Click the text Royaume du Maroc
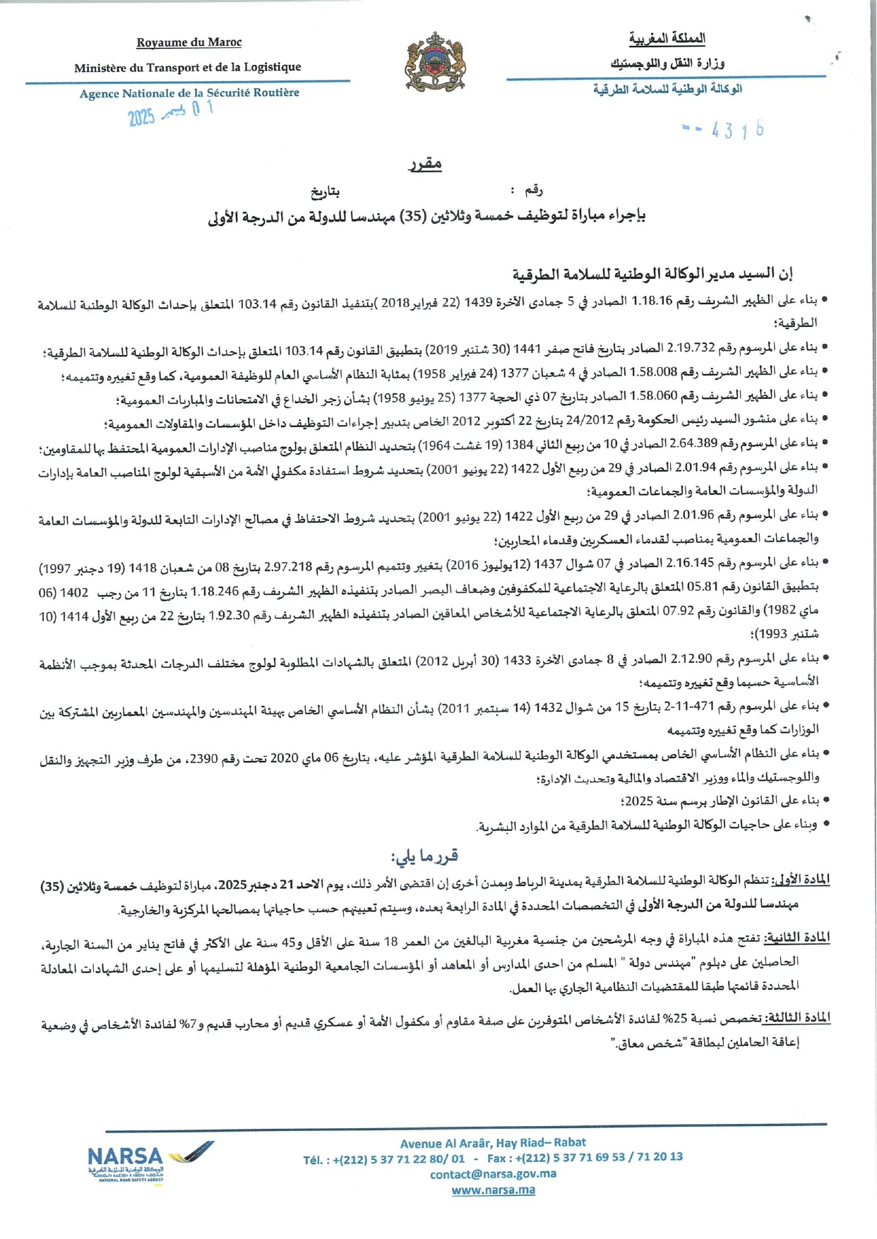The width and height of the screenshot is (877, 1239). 189,42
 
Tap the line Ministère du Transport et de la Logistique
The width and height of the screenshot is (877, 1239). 187,67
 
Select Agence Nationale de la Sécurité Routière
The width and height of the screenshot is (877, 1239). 189,93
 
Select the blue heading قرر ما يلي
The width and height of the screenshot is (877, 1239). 424,856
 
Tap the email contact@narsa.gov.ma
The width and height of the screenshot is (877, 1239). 493,1174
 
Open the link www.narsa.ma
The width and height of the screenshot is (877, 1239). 493,1190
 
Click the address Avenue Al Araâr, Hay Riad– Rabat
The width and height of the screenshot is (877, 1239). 493,1142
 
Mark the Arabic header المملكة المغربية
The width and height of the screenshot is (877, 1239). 667,38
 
